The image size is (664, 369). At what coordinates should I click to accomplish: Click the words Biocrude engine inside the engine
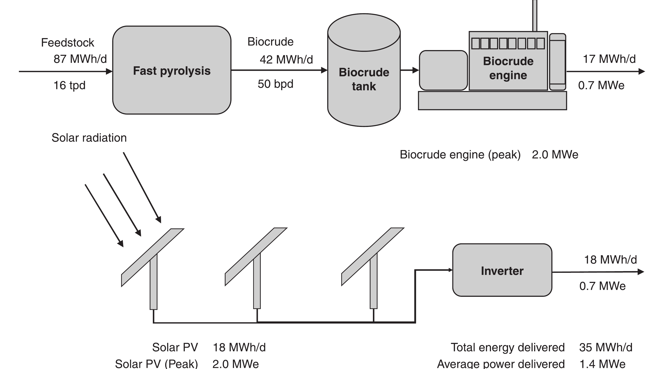[x=508, y=68]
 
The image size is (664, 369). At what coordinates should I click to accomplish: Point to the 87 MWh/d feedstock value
[x=80, y=59]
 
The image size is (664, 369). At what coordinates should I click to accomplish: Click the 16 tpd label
[x=69, y=85]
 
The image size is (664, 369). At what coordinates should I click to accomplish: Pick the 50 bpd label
[x=275, y=84]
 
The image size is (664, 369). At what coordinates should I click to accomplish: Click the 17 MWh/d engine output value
[x=609, y=59]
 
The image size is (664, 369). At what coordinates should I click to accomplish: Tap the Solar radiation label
[x=89, y=138]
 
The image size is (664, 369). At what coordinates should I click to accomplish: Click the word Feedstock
[x=67, y=43]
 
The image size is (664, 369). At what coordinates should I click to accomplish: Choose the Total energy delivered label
[x=508, y=347]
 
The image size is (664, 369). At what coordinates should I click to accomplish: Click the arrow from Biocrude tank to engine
[x=410, y=70]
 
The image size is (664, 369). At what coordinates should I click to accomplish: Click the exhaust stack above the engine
[x=535, y=15]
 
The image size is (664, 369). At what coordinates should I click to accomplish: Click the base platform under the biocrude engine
[x=492, y=101]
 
